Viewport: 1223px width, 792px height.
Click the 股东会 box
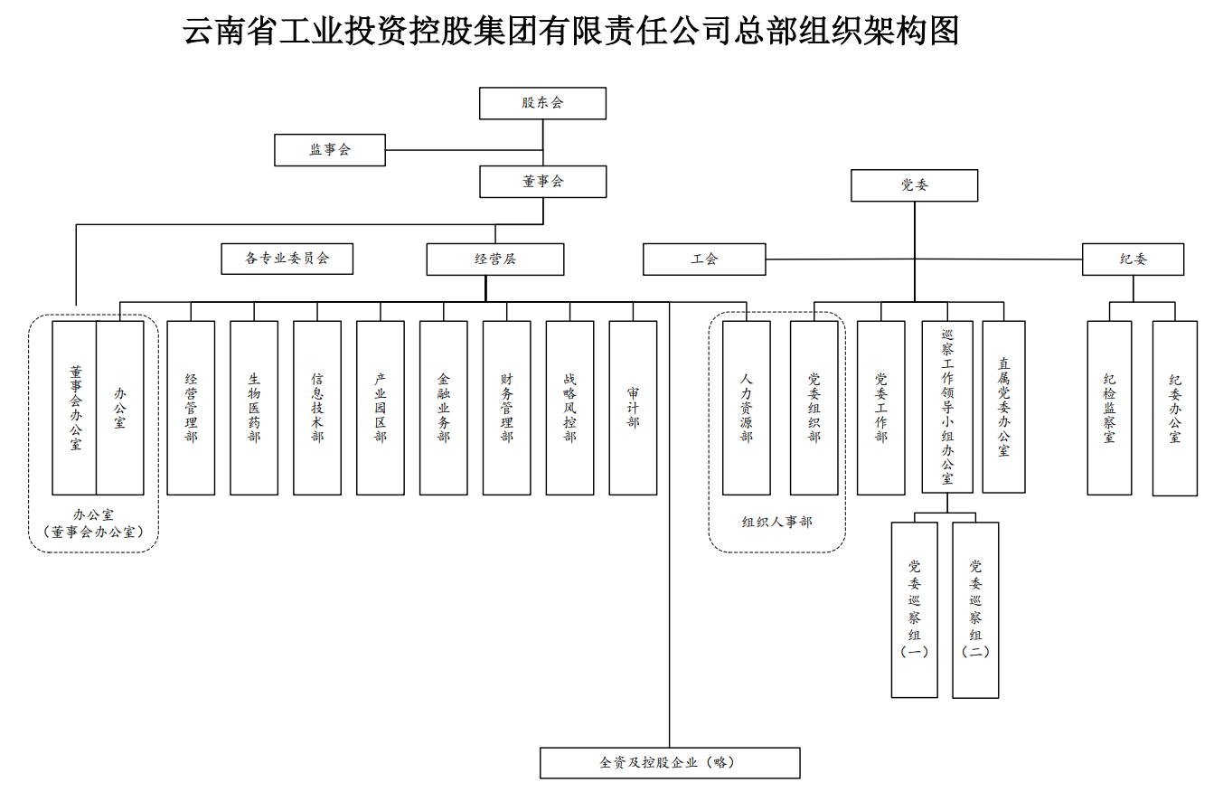coord(542,103)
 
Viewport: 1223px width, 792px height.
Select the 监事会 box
coord(330,150)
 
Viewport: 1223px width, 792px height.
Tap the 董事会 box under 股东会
coord(542,182)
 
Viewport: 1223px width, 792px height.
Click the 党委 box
coord(914,185)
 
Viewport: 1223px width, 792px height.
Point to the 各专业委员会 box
coord(287,259)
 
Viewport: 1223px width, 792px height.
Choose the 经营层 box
coord(495,259)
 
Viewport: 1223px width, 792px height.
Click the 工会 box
coord(704,259)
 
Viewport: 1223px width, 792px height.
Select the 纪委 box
coord(1133,259)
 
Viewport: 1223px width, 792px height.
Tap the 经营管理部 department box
coord(191,408)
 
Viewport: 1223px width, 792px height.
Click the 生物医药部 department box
coord(254,408)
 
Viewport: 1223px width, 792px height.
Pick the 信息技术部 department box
coord(317,408)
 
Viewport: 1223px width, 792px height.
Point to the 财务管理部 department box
coord(506,408)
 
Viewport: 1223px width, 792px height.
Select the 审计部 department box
coord(633,408)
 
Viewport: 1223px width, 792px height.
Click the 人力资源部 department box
coord(747,408)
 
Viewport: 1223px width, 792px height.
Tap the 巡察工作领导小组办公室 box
coord(947,407)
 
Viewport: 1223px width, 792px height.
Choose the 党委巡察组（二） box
coord(975,609)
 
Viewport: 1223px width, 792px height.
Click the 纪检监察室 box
coord(1109,408)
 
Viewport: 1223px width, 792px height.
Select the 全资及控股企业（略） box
coord(670,762)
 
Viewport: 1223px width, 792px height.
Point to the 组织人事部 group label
coord(777,522)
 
